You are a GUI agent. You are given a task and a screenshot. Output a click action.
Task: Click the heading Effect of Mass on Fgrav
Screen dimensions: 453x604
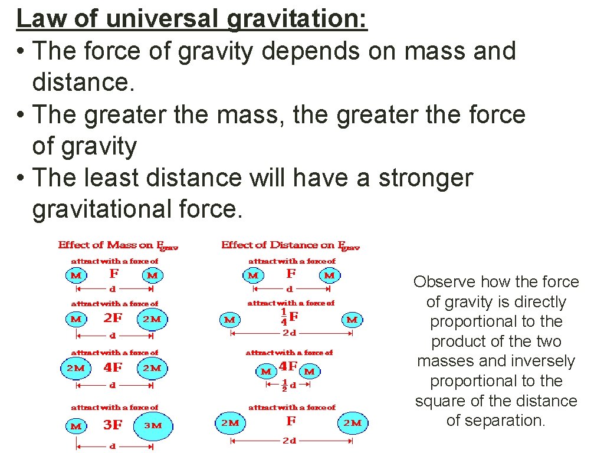118,245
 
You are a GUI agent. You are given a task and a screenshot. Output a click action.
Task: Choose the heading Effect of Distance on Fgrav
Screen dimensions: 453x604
290,245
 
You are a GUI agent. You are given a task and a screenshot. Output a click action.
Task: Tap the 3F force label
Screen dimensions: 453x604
113,424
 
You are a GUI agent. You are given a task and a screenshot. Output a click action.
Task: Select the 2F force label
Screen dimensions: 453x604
113,318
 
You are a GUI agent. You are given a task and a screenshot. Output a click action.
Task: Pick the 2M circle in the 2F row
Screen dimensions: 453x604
152,319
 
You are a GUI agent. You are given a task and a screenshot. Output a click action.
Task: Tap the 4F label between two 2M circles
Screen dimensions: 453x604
113,367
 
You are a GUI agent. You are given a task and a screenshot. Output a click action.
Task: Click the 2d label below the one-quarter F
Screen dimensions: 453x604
289,333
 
